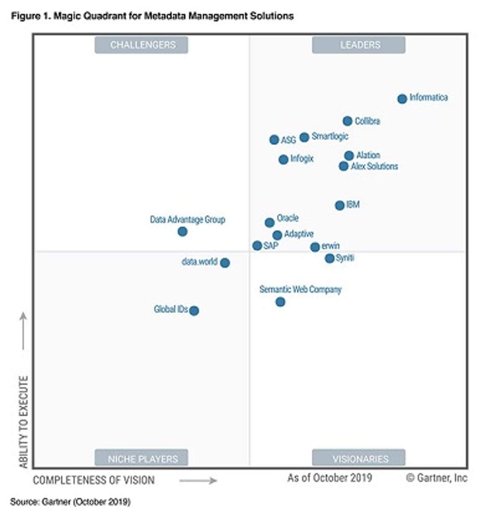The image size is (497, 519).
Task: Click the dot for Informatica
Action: tap(402, 99)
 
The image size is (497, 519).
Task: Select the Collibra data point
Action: tap(347, 121)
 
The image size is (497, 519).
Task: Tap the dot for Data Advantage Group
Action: tap(182, 231)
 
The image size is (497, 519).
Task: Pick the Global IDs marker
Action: tap(194, 310)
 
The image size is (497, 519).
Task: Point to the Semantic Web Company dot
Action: tap(280, 302)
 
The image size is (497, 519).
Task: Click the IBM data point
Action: tap(340, 205)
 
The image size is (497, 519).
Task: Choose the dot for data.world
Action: tap(224, 263)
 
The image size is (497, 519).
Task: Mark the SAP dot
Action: tap(257, 246)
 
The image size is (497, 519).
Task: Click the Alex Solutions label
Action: tap(374, 166)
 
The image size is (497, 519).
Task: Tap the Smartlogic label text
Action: tap(330, 136)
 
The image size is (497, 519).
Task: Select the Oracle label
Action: tap(287, 218)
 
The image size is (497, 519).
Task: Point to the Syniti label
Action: tap(345, 258)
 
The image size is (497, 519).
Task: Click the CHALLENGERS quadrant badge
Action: tap(141, 45)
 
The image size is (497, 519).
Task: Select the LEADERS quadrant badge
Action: tap(359, 45)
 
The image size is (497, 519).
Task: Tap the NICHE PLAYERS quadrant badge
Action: tap(141, 458)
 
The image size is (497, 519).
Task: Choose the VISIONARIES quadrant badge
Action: tap(359, 458)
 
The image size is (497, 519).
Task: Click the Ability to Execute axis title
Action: tap(24, 422)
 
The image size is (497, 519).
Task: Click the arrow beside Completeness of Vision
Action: tap(198, 480)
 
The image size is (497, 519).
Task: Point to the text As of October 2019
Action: tap(330, 478)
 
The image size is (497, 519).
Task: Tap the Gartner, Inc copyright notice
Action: tap(437, 478)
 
